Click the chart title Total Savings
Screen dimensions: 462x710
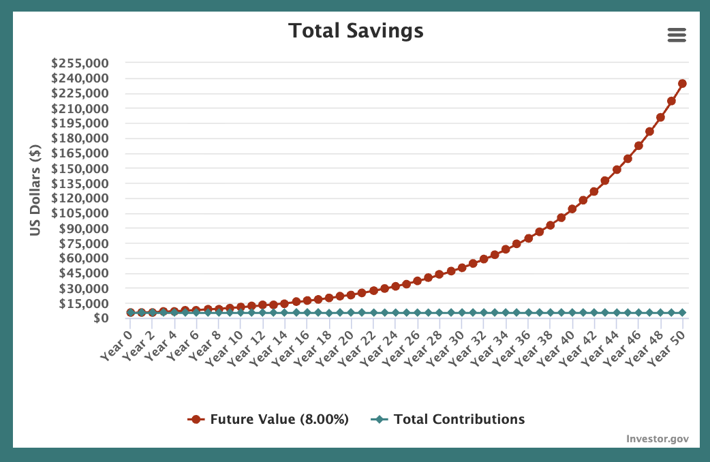tap(355, 31)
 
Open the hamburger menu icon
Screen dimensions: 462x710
tap(677, 35)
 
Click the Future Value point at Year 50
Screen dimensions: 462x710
tap(682, 83)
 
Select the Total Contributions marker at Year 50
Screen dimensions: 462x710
tap(682, 313)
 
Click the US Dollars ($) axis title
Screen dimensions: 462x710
tap(35, 191)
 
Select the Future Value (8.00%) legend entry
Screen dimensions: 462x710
tap(268, 419)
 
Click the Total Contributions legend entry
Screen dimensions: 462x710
tap(448, 419)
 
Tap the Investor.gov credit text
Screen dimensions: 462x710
tap(657, 438)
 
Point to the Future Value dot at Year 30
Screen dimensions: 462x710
tap(462, 267)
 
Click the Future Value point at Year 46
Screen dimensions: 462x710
tap(638, 146)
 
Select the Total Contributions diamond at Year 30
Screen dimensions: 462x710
tap(462, 313)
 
